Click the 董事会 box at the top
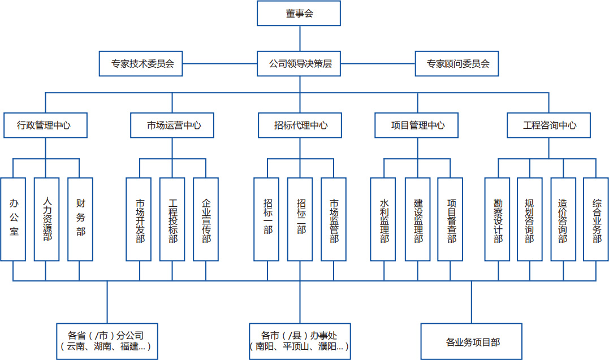(299, 14)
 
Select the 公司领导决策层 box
(299, 64)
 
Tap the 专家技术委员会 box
(140, 64)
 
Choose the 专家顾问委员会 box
(458, 64)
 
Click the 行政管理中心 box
(45, 125)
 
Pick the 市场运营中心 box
(172, 125)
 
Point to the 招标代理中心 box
(300, 125)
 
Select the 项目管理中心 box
(417, 125)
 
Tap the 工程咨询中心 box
(548, 125)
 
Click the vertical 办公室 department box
(14, 219)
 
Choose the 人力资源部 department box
(47, 219)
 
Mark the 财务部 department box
(80, 219)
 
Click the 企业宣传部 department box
(206, 219)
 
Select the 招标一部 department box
(267, 219)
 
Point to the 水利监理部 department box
(384, 219)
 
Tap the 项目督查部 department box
(451, 219)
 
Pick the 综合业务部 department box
(596, 219)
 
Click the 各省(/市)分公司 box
(107, 341)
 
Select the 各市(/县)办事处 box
(300, 341)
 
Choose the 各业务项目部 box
(472, 341)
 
